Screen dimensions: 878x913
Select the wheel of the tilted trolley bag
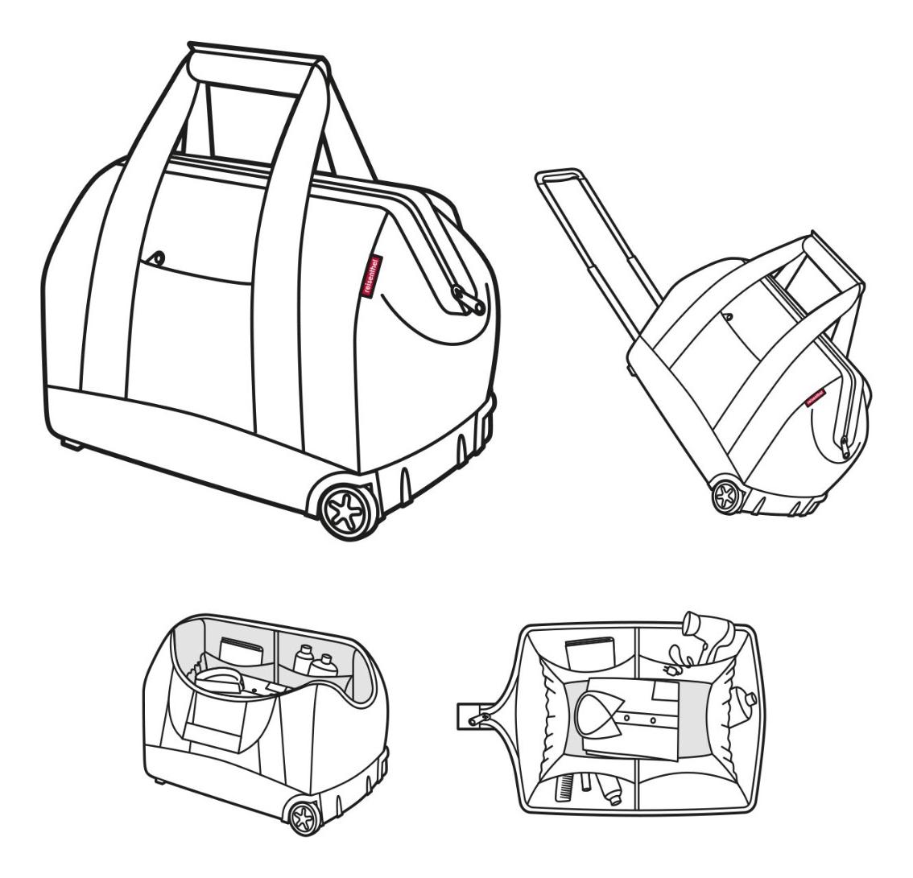727,496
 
